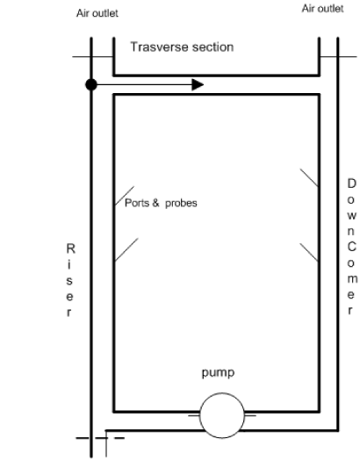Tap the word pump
pyautogui.click(x=218, y=373)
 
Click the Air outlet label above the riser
pyautogui.click(x=97, y=13)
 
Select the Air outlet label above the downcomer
pyautogui.click(x=323, y=9)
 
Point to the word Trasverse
pyautogui.click(x=159, y=47)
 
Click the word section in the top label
pyautogui.click(x=212, y=47)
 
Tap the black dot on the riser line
pyautogui.click(x=91, y=85)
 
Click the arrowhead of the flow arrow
pyautogui.click(x=198, y=85)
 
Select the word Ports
pyautogui.click(x=137, y=203)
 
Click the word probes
pyautogui.click(x=181, y=204)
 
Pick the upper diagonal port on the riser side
pyautogui.click(x=125, y=196)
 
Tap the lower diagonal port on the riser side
pyautogui.click(x=126, y=249)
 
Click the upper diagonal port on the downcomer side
pyautogui.click(x=309, y=178)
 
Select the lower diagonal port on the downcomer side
pyautogui.click(x=309, y=253)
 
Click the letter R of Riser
pyautogui.click(x=70, y=248)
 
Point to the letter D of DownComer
pyautogui.click(x=351, y=184)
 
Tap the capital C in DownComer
pyautogui.click(x=351, y=247)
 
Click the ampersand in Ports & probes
pyautogui.click(x=155, y=203)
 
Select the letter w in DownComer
pyautogui.click(x=351, y=216)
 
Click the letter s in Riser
pyautogui.click(x=69, y=281)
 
